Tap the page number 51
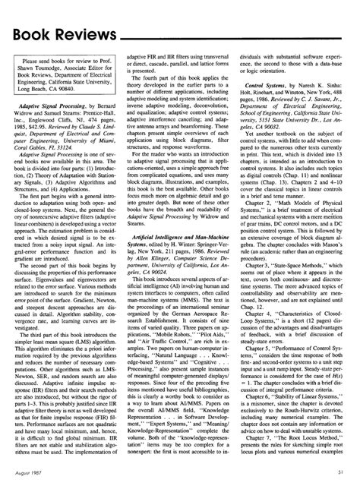[x=344, y=472]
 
